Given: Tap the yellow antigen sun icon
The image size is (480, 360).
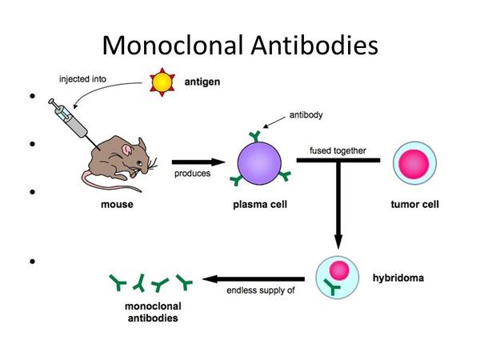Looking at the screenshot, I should [163, 82].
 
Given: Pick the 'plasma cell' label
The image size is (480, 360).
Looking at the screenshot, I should [260, 205].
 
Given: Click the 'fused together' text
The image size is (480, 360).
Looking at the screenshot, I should [338, 150].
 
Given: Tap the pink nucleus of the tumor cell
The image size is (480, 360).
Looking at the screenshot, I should [415, 162].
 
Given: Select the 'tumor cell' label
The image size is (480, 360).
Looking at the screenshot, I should [414, 205].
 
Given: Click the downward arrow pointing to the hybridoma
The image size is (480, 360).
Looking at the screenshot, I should [338, 208].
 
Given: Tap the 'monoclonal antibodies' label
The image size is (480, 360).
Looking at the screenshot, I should [153, 312].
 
